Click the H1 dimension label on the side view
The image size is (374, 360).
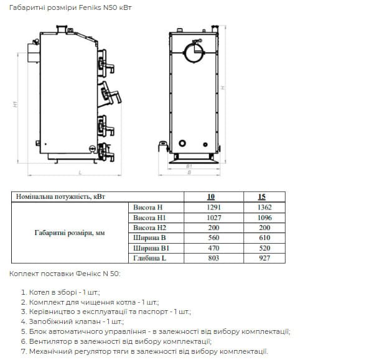coord(16,104)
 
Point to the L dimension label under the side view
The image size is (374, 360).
coord(80,172)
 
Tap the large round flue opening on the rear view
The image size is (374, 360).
coord(194,53)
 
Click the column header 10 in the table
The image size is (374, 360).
coord(211,196)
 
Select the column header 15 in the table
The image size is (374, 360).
coord(261,196)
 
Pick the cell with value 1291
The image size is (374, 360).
coord(213,207)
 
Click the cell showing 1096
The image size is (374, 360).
coord(264,218)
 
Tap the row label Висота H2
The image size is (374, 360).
coord(149,228)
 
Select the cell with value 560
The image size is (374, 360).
coord(213,238)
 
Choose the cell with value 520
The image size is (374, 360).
coord(264,248)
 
